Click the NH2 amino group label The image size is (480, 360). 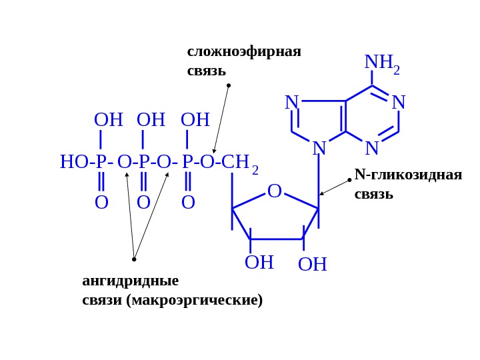[x=381, y=63]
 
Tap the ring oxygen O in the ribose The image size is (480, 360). [x=275, y=191]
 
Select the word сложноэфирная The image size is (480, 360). [x=244, y=51]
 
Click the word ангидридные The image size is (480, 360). [x=130, y=280]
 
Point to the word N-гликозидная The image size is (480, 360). [x=408, y=175]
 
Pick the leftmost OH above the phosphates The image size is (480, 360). [x=108, y=120]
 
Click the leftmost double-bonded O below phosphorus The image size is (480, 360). [x=101, y=203]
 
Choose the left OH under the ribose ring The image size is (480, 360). [x=259, y=263]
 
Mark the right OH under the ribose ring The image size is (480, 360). [x=312, y=265]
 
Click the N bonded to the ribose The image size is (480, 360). [x=319, y=149]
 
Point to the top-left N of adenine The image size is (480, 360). [x=291, y=103]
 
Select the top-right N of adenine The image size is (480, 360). [x=399, y=103]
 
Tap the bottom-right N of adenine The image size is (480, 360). [x=372, y=149]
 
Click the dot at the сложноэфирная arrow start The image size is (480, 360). [x=229, y=85]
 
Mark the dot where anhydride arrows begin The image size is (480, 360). [x=134, y=259]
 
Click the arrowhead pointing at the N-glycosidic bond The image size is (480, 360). [x=321, y=194]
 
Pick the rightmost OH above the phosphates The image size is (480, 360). [x=195, y=120]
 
